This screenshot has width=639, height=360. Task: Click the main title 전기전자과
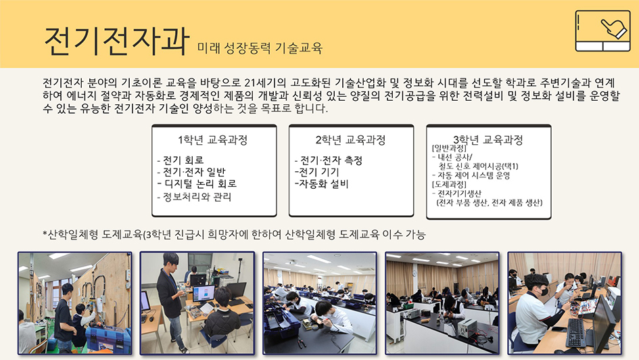(x=116, y=41)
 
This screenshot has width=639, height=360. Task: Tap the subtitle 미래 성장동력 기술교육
(x=260, y=48)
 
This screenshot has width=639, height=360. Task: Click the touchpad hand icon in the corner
(x=602, y=31)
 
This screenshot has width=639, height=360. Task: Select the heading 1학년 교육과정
(x=213, y=140)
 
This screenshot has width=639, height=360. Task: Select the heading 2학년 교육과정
(x=350, y=140)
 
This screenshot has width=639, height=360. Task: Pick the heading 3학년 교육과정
(x=488, y=140)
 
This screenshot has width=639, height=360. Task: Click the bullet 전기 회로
(x=181, y=160)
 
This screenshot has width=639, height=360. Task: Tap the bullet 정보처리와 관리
(x=194, y=197)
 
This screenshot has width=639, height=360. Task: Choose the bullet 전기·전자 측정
(x=329, y=160)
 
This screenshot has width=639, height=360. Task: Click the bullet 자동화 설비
(x=322, y=184)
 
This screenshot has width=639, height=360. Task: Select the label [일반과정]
(x=449, y=148)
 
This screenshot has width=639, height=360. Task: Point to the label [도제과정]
(x=449, y=184)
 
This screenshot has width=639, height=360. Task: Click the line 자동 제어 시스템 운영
(x=471, y=175)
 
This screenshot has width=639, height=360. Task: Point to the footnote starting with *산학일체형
(x=235, y=234)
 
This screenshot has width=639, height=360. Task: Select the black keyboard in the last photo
(x=575, y=332)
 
